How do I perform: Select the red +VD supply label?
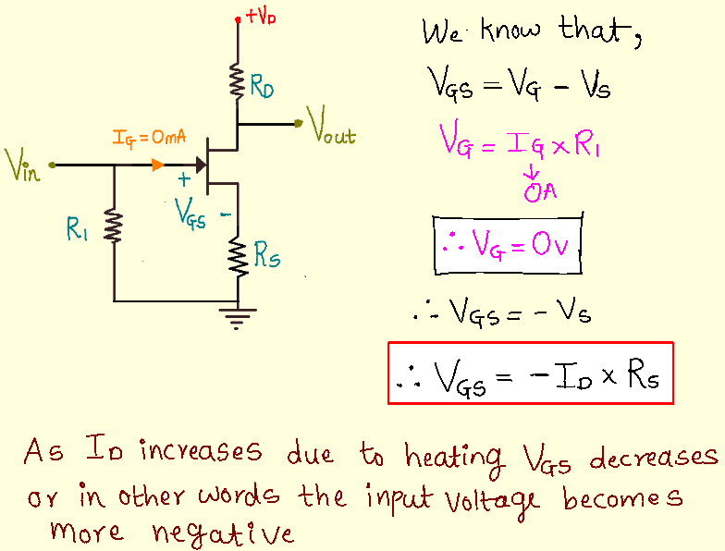point(260,18)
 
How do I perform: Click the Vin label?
point(22,167)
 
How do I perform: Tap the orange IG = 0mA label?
point(149,138)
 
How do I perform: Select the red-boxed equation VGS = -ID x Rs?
point(529,373)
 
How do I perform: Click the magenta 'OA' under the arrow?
point(536,192)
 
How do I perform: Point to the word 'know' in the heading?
point(513,32)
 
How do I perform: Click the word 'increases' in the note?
point(200,452)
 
